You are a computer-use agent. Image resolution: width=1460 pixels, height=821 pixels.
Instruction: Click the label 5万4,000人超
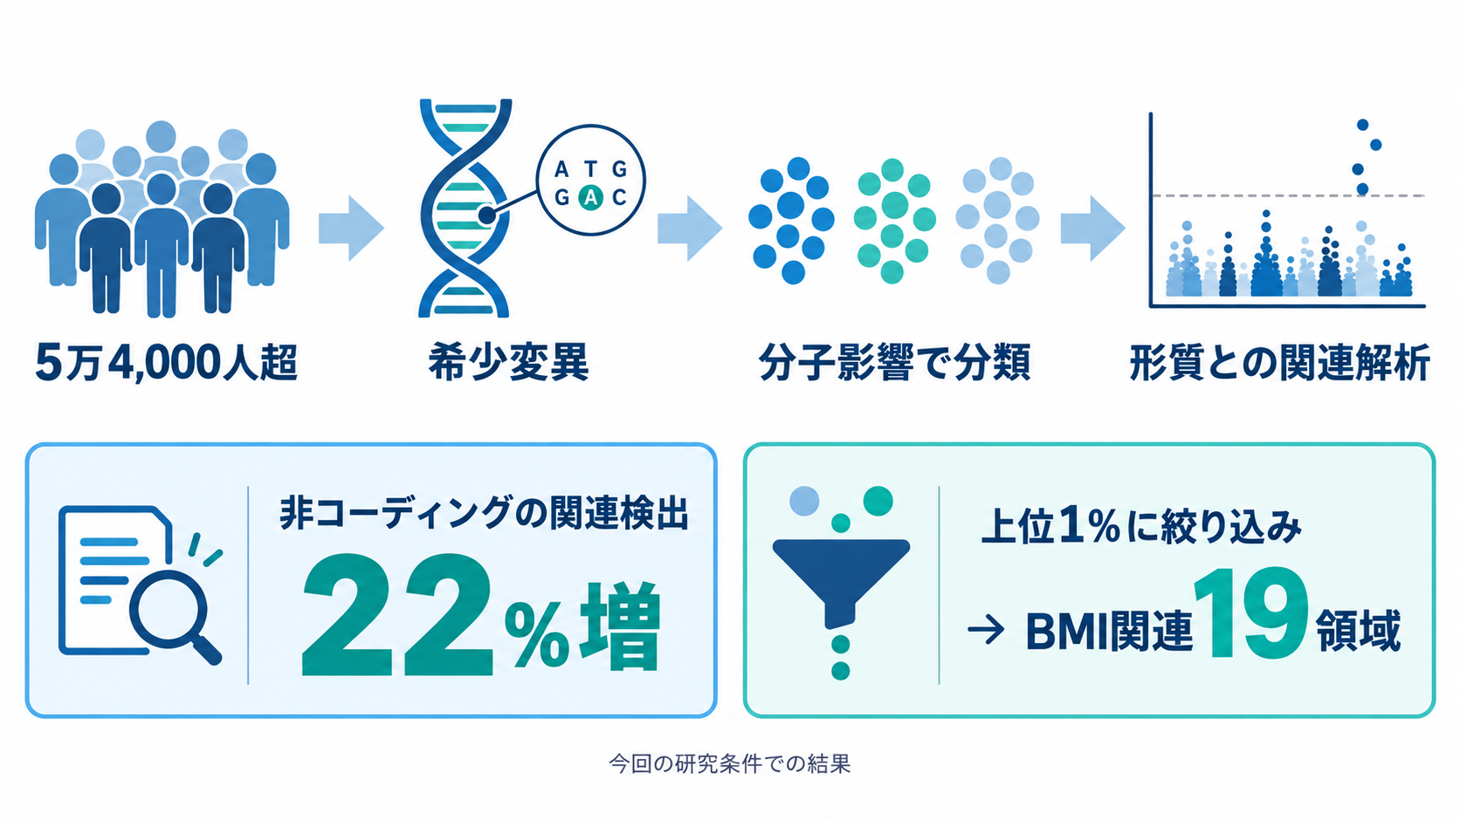[166, 362]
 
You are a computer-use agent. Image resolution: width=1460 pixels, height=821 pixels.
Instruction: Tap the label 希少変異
[508, 362]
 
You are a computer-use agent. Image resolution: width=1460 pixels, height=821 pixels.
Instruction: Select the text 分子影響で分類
[894, 362]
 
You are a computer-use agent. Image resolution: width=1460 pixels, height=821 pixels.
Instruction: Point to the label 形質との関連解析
[1279, 362]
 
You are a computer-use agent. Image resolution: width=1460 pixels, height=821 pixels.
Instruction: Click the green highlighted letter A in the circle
[590, 196]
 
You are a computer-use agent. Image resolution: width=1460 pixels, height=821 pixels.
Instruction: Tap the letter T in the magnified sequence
[590, 170]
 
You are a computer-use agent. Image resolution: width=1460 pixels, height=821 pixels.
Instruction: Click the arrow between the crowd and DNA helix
[351, 229]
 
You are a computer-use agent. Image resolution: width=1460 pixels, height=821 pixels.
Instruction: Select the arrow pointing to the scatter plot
[1093, 229]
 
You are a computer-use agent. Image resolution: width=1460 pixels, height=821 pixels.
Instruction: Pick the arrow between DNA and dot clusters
[690, 229]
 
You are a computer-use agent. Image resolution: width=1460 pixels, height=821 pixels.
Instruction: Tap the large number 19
[1251, 614]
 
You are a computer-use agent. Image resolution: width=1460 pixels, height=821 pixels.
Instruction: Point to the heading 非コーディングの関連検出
[485, 515]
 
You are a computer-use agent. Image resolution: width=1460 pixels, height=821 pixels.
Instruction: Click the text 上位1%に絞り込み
[1141, 527]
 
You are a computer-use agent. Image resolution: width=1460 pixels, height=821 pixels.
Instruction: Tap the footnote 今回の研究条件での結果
[730, 763]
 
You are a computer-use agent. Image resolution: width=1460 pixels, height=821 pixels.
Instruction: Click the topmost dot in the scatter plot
[1362, 125]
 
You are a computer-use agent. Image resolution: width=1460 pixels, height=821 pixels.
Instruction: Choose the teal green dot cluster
[894, 221]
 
